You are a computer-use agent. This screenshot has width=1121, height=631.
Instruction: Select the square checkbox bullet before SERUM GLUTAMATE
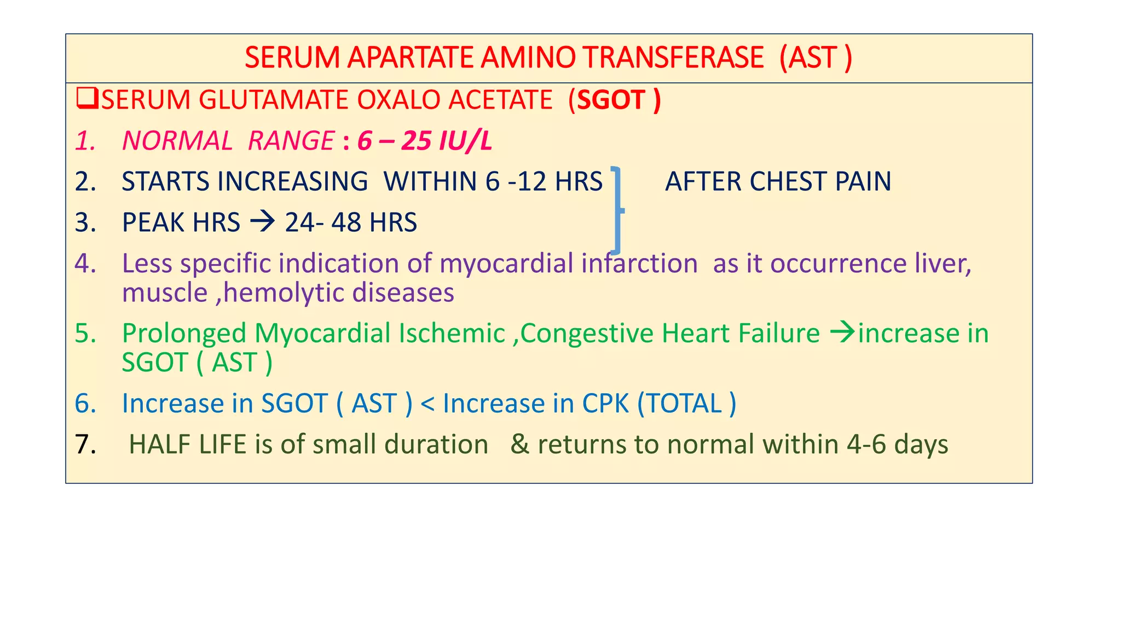coord(87,99)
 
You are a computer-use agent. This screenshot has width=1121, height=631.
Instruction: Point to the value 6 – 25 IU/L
coord(425,141)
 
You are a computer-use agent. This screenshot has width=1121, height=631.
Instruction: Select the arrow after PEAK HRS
coord(262,222)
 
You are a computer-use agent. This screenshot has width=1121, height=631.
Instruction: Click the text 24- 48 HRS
coord(351,222)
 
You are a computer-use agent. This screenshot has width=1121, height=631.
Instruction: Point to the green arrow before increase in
coord(842,332)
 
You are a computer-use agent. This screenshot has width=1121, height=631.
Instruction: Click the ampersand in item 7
coord(519,444)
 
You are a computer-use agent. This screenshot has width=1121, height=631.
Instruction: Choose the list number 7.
coord(85,444)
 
